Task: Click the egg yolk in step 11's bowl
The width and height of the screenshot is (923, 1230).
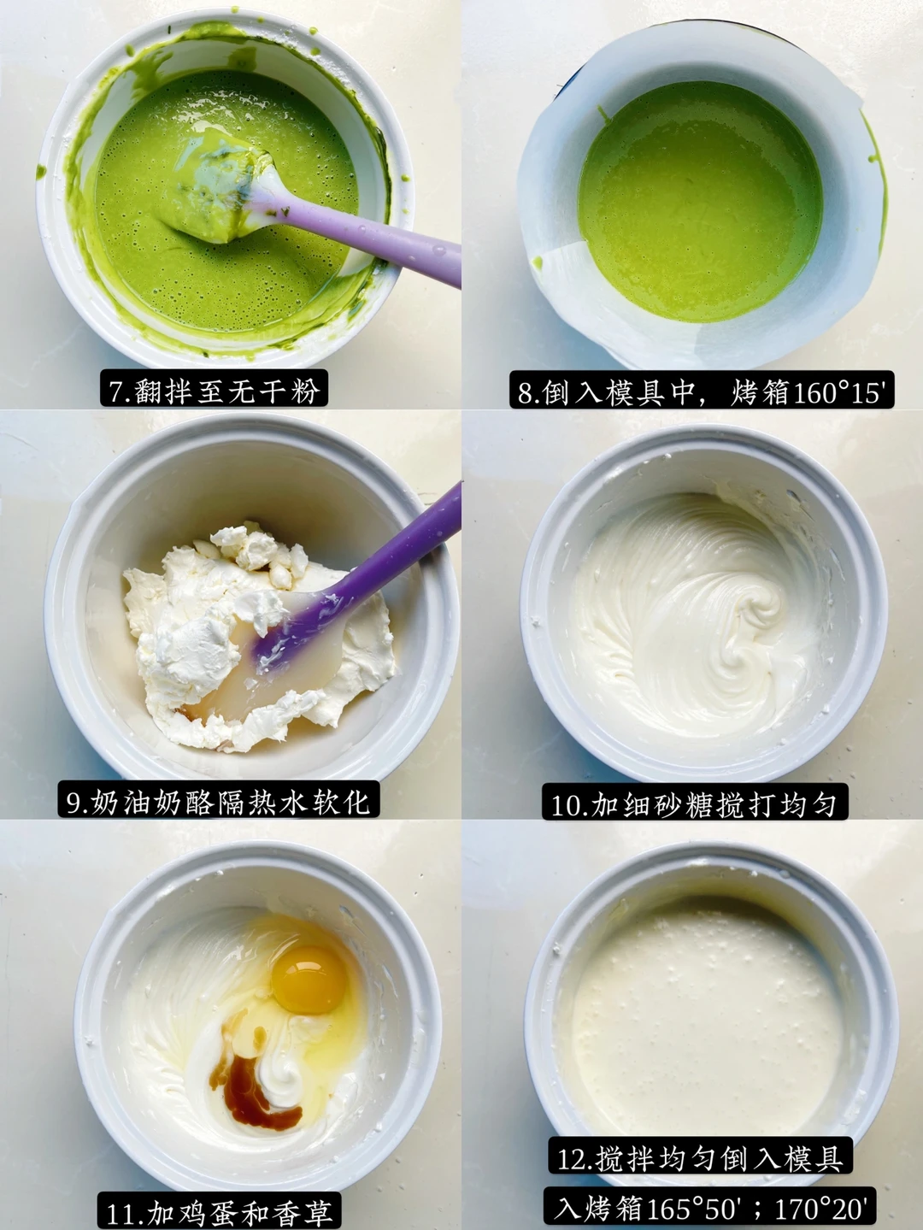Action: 308,979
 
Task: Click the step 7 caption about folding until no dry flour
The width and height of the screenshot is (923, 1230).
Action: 214,388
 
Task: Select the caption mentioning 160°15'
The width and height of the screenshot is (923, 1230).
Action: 701,390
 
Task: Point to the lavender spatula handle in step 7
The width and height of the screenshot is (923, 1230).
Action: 370,238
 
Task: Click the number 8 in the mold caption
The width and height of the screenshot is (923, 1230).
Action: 526,391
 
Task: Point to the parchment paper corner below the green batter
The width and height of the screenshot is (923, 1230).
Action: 560,263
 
